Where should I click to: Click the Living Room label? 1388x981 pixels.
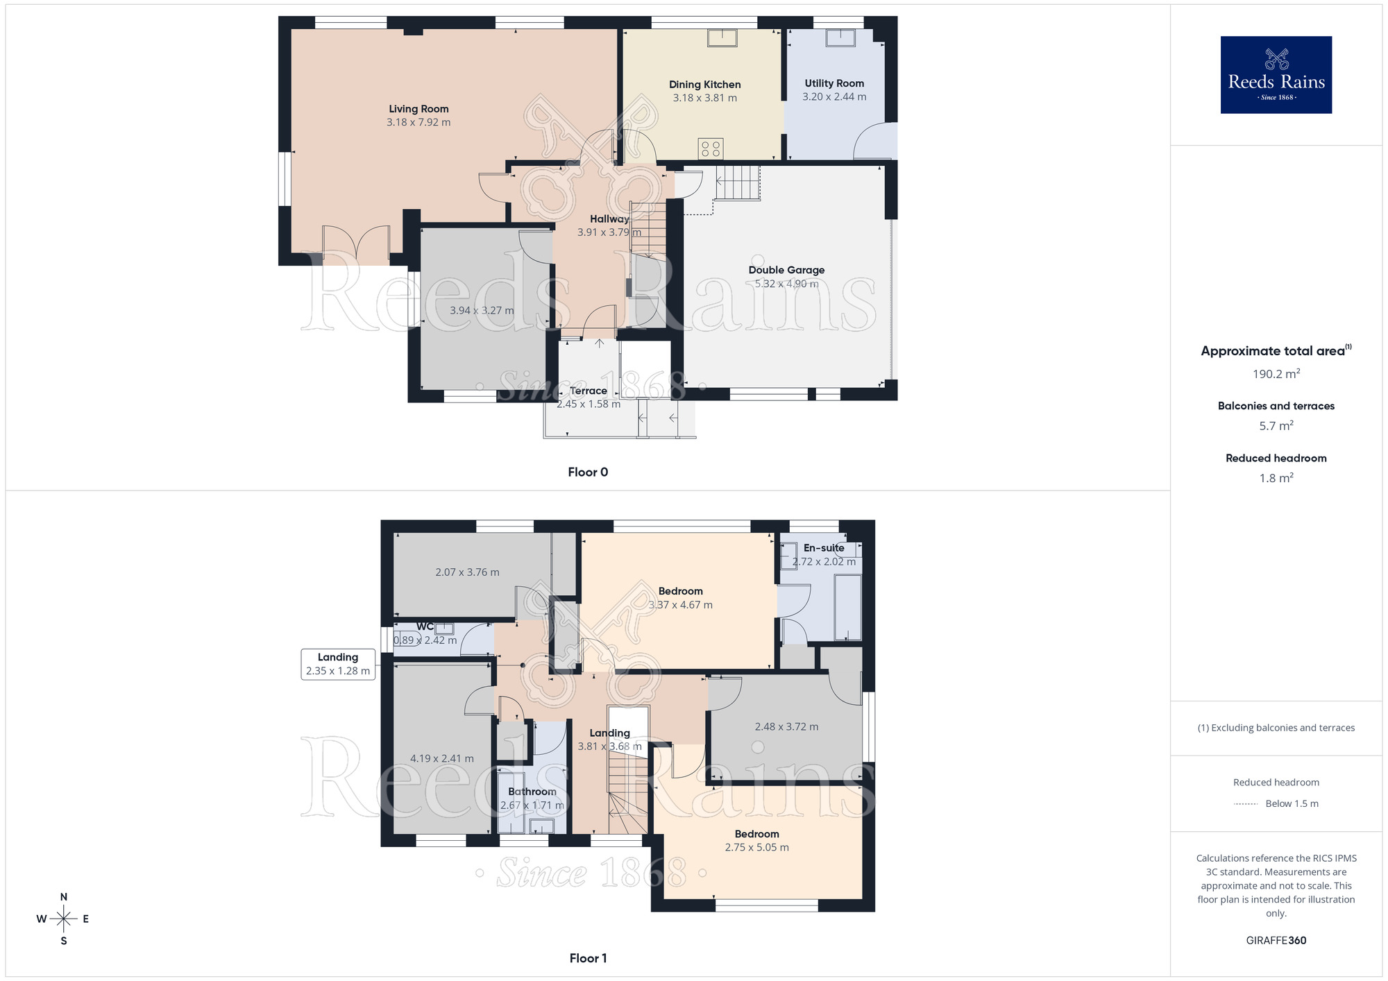[418, 109]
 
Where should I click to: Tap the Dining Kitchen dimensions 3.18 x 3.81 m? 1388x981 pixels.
[704, 98]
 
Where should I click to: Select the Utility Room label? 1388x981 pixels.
[834, 83]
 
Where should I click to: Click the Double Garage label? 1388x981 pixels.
[786, 270]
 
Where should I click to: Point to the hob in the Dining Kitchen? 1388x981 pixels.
[711, 148]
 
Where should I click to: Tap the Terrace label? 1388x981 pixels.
[588, 391]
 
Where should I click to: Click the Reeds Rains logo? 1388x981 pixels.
[1276, 75]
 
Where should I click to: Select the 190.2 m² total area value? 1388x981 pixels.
[1276, 374]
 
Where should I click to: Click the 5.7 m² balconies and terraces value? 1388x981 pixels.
[1276, 426]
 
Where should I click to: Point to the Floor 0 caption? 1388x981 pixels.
[588, 472]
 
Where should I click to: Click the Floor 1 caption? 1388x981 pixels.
[588, 958]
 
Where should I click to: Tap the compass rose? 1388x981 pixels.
[63, 919]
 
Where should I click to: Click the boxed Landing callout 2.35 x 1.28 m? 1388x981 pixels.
[338, 664]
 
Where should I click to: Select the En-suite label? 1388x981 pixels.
[824, 548]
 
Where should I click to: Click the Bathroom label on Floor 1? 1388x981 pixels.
[532, 792]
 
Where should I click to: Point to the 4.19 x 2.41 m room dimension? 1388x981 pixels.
[441, 758]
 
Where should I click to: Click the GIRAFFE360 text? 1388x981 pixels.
[1276, 941]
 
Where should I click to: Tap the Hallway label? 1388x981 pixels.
[609, 219]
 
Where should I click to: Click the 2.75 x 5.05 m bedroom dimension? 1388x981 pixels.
[756, 847]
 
